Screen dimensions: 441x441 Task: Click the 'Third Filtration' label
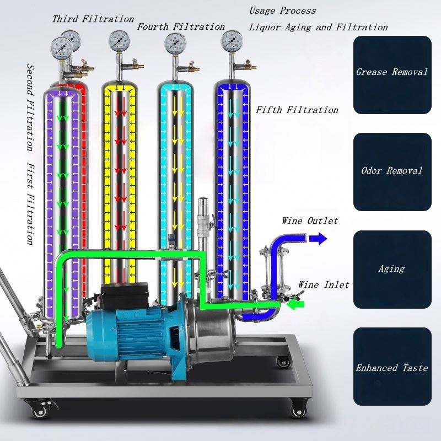click(x=93, y=19)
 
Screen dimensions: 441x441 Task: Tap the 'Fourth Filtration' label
click(x=181, y=26)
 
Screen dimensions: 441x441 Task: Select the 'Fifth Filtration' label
click(x=297, y=110)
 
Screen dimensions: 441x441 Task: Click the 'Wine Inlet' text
click(x=324, y=284)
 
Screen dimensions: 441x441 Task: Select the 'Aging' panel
click(x=392, y=270)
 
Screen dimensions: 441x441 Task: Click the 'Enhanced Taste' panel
click(x=392, y=367)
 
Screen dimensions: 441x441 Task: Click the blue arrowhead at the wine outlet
click(x=318, y=238)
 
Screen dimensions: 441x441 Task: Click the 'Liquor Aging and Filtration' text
click(x=318, y=27)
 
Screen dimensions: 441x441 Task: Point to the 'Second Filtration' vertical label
click(x=31, y=107)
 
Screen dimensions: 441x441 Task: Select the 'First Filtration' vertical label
click(x=31, y=204)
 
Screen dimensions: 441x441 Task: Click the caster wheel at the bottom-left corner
click(x=39, y=410)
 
